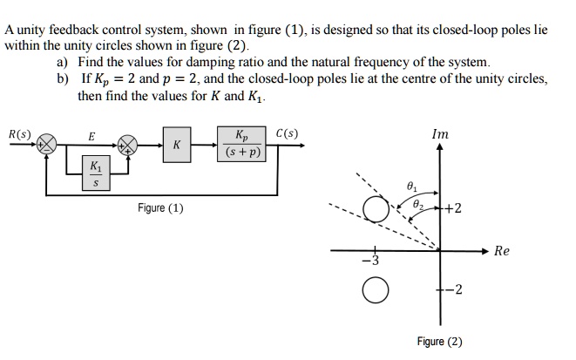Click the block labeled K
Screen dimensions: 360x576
(x=177, y=145)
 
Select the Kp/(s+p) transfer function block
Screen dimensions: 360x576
(x=241, y=145)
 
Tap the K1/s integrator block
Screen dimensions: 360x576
(x=96, y=173)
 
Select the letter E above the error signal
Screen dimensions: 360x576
(x=91, y=135)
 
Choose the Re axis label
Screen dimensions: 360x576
(x=501, y=251)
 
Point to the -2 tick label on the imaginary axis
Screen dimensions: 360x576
(x=454, y=290)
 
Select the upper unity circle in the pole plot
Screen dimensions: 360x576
(x=375, y=209)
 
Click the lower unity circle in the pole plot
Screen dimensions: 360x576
(x=375, y=290)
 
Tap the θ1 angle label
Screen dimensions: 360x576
(x=411, y=187)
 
